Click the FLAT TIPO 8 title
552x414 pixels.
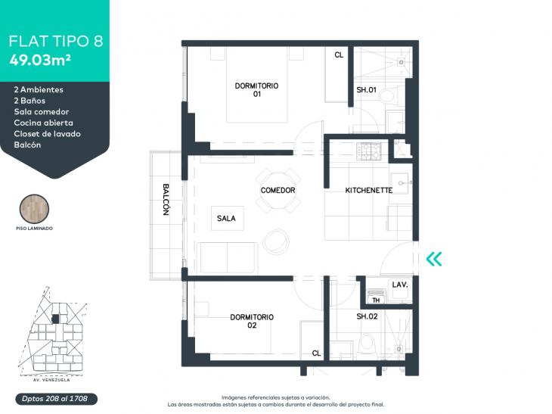pyautogui.click(x=56, y=41)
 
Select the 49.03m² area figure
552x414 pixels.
pyautogui.click(x=40, y=60)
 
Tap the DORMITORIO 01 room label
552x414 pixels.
pyautogui.click(x=256, y=89)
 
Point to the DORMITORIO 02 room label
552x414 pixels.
pyautogui.click(x=252, y=321)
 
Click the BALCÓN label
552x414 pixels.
pyautogui.click(x=166, y=199)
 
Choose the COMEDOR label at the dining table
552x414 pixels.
pyautogui.click(x=278, y=190)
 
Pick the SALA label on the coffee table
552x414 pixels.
pyautogui.click(x=226, y=219)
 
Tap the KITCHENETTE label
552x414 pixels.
pyautogui.click(x=368, y=190)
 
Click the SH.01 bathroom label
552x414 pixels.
pyautogui.click(x=366, y=90)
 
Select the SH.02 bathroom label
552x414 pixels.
pyautogui.click(x=367, y=316)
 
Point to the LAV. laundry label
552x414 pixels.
pyautogui.click(x=400, y=285)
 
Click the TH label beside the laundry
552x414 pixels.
pyautogui.click(x=376, y=300)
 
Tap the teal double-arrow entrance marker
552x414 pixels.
pyautogui.click(x=434, y=259)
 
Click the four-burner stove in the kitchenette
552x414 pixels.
pyautogui.click(x=368, y=151)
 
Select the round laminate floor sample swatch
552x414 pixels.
pyautogui.click(x=34, y=209)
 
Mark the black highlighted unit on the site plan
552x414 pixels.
pyautogui.click(x=55, y=319)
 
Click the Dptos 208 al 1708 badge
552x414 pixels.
pyautogui.click(x=56, y=399)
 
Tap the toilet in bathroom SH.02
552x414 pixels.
pyautogui.click(x=367, y=344)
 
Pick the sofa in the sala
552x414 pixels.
pyautogui.click(x=227, y=257)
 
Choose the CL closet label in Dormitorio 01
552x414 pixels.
pyautogui.click(x=339, y=55)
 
